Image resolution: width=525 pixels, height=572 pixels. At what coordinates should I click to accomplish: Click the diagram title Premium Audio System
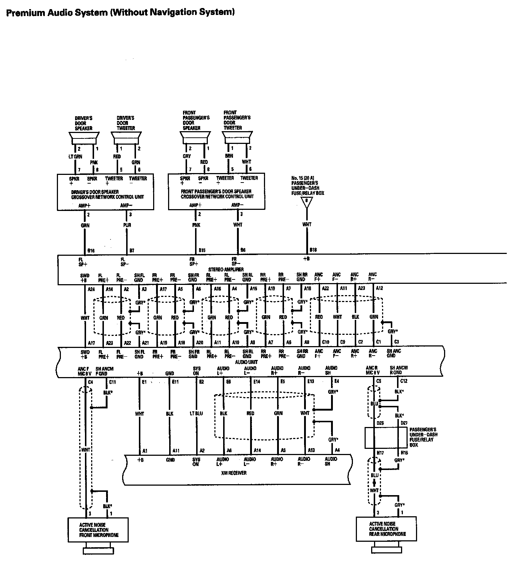point(120,12)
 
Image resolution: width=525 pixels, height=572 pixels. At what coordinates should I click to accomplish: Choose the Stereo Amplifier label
point(226,269)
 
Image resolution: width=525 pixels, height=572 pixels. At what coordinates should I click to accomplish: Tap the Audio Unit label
point(246,362)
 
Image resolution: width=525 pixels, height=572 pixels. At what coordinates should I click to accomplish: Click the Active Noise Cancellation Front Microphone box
point(98,530)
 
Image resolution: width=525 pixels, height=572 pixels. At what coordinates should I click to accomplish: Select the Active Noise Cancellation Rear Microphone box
point(386,529)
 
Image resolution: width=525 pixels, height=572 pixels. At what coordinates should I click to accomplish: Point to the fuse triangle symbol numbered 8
point(307,202)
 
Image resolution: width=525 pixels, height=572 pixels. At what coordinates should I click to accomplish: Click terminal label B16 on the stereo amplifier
point(91,251)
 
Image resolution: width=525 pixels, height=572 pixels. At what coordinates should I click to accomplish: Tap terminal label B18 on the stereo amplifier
point(313,250)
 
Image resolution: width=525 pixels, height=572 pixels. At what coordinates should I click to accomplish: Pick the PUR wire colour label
point(127,225)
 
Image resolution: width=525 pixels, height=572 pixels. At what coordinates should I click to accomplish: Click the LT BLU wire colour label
point(196,414)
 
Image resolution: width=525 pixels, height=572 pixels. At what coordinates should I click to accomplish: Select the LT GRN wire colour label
point(75,157)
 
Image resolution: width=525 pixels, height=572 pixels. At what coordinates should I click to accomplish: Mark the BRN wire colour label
point(229,156)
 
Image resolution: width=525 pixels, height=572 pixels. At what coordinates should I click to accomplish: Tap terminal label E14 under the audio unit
point(257,381)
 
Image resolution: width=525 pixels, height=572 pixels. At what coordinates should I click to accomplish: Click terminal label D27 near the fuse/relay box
point(404,423)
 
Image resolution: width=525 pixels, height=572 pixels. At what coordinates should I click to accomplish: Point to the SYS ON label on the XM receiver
point(196,462)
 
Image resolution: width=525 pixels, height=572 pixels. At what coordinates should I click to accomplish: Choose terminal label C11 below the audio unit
point(112,382)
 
